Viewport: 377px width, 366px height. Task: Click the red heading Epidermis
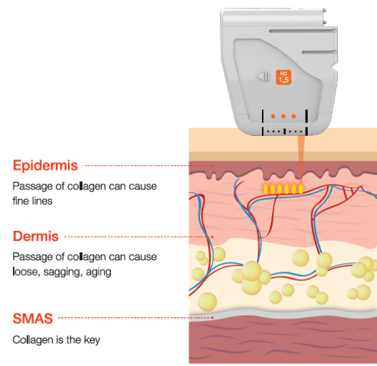45,165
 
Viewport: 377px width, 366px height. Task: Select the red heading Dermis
36,236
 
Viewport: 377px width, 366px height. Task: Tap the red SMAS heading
33,318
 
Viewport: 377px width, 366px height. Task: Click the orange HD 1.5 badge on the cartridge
283,77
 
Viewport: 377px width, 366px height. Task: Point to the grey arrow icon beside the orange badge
263,76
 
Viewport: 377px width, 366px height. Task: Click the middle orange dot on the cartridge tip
283,117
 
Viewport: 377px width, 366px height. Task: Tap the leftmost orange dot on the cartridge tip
273,117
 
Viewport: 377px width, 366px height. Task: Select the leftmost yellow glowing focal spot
266,189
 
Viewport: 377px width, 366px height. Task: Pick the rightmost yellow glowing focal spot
301,189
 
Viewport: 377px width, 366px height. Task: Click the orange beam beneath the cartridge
301,157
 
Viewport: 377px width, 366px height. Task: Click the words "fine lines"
32,201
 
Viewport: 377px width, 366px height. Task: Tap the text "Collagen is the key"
56,340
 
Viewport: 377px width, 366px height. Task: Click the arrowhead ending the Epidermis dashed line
212,166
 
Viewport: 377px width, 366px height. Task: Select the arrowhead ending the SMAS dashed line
212,318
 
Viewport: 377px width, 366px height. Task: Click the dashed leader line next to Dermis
139,237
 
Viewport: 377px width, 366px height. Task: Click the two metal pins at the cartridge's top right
325,16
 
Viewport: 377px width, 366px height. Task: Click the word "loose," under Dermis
26,272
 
